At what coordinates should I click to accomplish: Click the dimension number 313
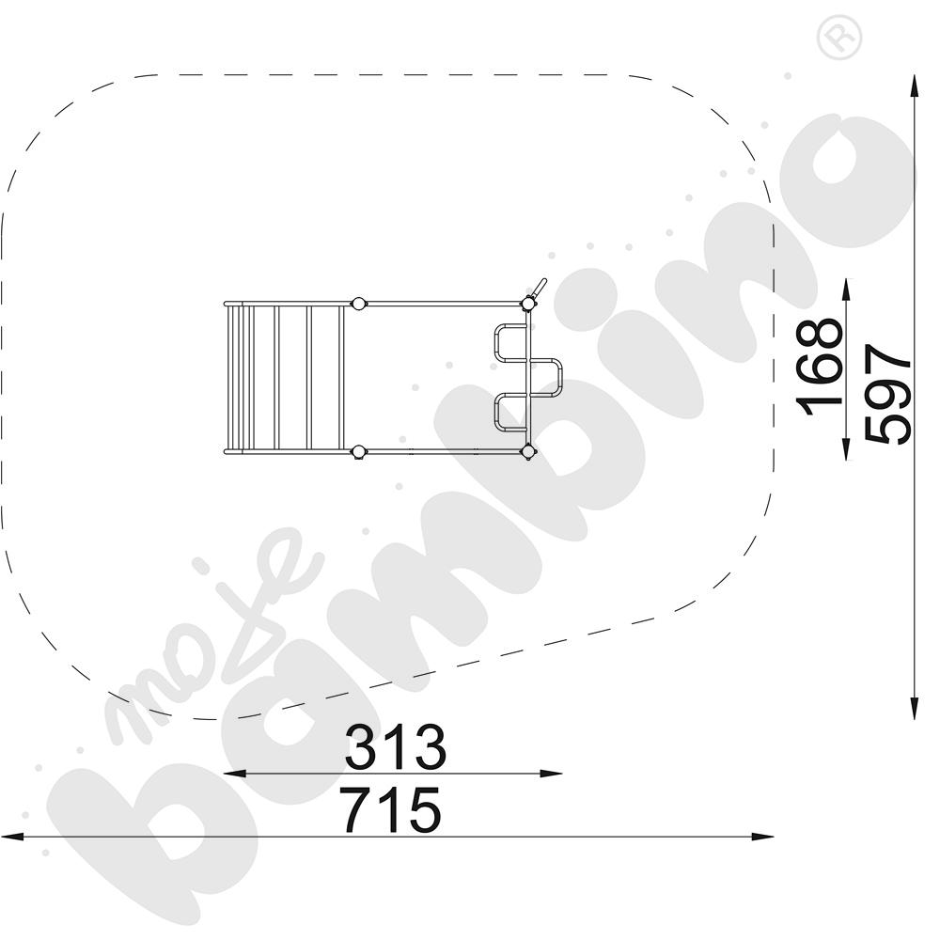(x=396, y=747)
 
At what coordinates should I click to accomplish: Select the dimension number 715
(x=391, y=810)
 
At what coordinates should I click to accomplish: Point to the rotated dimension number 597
(x=888, y=393)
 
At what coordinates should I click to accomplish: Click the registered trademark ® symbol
(x=838, y=38)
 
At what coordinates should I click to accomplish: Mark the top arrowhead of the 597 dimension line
(x=914, y=85)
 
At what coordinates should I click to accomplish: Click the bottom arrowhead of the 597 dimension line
(x=914, y=708)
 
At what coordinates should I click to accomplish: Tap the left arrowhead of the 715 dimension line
(x=11, y=837)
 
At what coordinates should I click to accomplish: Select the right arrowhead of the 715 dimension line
(x=762, y=837)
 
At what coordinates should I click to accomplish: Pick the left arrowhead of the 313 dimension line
(x=234, y=774)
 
